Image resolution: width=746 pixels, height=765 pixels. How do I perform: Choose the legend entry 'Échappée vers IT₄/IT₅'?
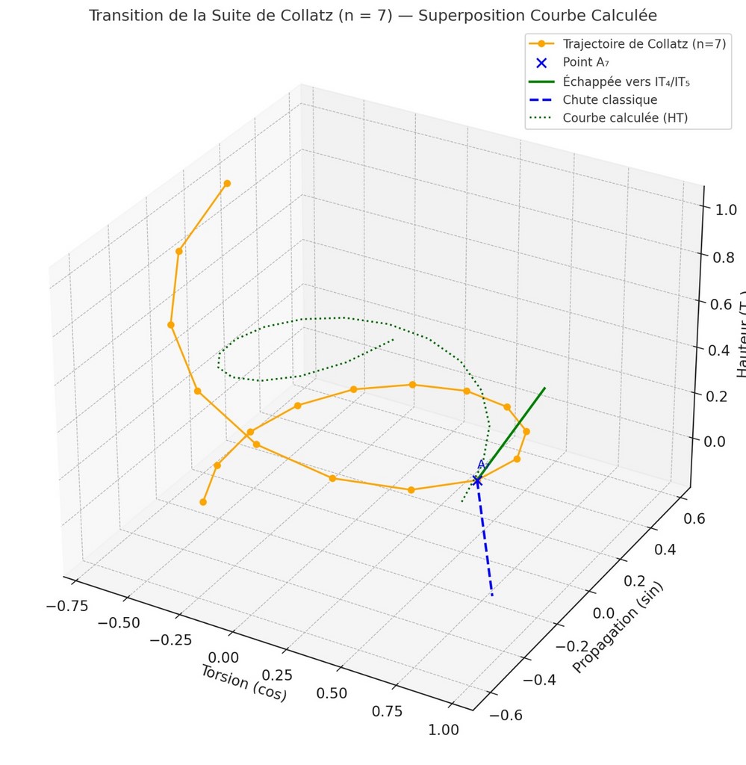626,81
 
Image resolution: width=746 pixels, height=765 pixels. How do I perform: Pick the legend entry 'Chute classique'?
610,99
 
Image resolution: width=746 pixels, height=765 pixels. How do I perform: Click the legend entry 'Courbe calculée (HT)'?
625,117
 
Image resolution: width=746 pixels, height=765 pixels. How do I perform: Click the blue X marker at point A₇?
478,480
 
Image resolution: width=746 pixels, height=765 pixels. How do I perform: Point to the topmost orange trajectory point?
227,183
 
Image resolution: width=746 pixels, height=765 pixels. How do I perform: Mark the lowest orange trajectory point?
203,502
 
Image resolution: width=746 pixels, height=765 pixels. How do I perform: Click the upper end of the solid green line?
544,388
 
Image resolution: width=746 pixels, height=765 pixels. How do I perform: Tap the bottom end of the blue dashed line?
492,595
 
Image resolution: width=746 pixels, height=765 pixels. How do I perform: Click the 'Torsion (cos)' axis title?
243,683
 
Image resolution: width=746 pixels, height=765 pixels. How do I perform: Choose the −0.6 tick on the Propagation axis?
505,715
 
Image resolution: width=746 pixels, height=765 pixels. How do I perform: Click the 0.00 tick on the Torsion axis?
224,658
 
